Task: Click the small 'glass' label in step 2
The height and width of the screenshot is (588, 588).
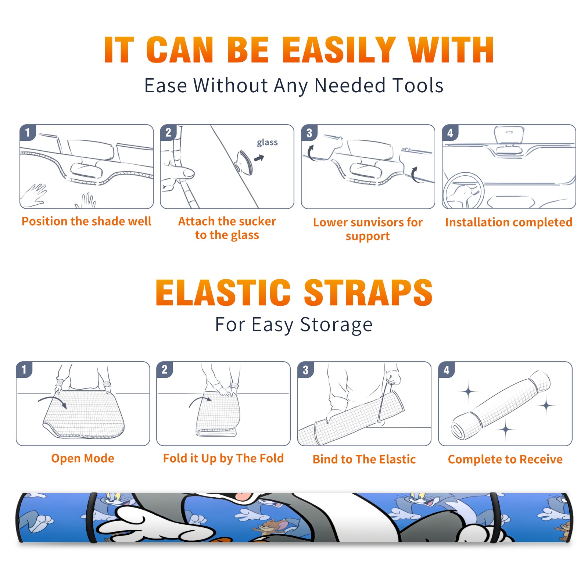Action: click(267, 143)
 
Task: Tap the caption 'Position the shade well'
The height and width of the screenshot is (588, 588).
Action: click(86, 221)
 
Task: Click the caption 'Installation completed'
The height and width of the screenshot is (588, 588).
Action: click(509, 222)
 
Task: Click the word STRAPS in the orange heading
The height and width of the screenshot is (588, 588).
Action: click(368, 293)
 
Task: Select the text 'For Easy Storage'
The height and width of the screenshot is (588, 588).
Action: click(294, 325)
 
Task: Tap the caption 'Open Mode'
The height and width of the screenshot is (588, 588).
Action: click(83, 458)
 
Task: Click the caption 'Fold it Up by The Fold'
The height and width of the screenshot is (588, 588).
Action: click(223, 459)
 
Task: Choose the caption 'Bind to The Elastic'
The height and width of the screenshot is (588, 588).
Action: click(364, 459)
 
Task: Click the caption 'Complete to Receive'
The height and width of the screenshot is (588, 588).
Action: click(505, 459)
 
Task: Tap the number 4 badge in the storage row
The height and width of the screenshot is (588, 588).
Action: click(447, 370)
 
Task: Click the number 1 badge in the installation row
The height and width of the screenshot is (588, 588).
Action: click(28, 132)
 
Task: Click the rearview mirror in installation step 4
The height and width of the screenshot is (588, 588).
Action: click(509, 136)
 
